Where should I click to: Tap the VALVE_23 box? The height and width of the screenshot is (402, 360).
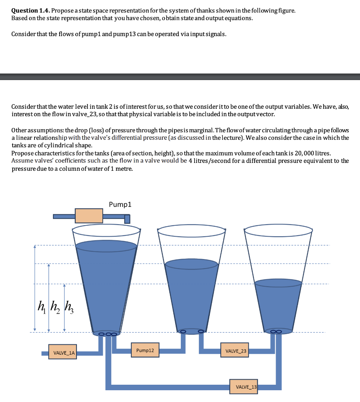click(x=234, y=351)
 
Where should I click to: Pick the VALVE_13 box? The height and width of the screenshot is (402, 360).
click(x=244, y=387)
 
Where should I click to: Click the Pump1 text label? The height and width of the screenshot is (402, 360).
click(x=120, y=205)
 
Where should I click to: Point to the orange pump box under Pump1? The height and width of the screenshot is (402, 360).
click(x=89, y=216)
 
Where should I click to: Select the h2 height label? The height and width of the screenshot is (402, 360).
click(x=53, y=304)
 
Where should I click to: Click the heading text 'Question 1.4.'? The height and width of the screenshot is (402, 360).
click(x=31, y=11)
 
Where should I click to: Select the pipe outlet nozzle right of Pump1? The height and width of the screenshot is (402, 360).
click(x=127, y=218)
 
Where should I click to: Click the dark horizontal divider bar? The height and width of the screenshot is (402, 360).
click(x=180, y=77)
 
